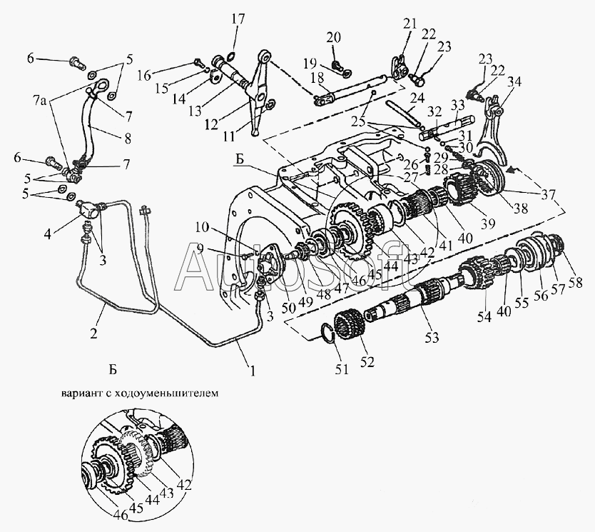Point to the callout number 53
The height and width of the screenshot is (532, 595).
432,337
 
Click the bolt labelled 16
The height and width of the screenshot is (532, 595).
199,61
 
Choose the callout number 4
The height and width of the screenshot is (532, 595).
47,234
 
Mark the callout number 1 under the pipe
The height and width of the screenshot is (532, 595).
253,370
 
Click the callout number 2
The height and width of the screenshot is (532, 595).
93,333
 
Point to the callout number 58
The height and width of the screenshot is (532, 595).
575,282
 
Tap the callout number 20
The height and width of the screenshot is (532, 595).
334,37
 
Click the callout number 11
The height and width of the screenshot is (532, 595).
229,136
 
